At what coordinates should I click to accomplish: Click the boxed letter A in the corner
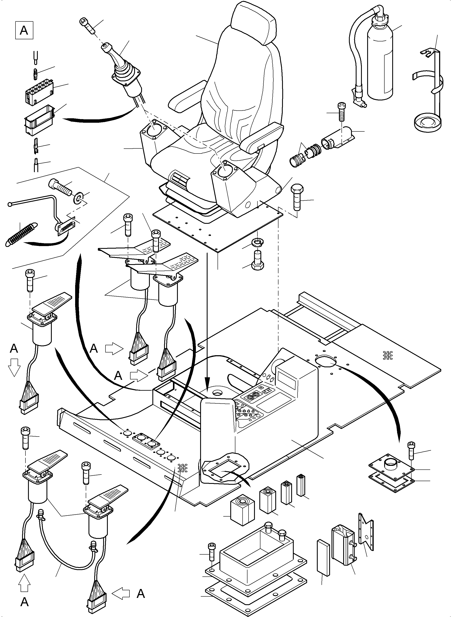pos(24,30)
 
